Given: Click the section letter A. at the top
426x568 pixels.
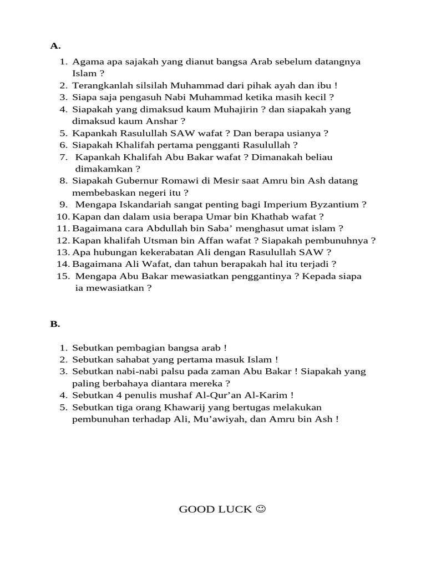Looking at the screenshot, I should (x=55, y=45).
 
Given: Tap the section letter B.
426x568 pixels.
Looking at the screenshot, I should (x=55, y=324).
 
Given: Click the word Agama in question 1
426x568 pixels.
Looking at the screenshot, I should (x=85, y=62).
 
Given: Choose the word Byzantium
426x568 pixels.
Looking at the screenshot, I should (x=338, y=205).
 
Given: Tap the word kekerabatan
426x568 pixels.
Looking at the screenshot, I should (x=151, y=252).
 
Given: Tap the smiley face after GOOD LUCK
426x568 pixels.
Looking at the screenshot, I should (x=260, y=509).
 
